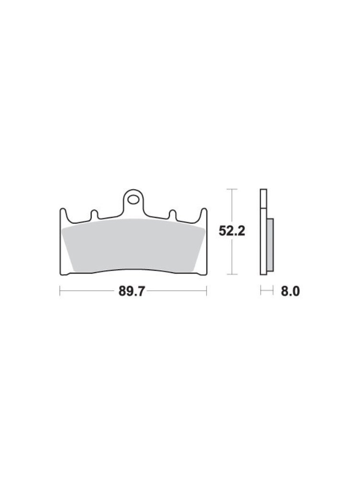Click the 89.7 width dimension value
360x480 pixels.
(132, 291)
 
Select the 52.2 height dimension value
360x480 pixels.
(232, 231)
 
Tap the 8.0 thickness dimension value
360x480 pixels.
(290, 291)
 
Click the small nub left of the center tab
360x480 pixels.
(94, 215)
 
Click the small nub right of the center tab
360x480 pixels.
(173, 215)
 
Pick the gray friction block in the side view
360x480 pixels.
(270, 245)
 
